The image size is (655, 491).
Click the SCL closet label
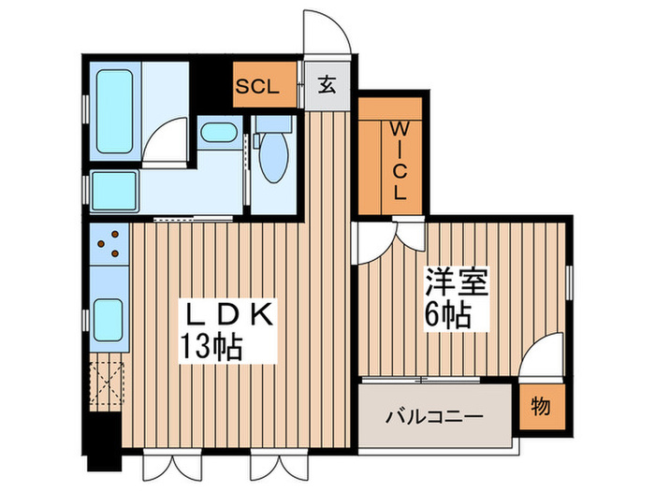tap(256, 87)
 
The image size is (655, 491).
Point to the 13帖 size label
tap(211, 348)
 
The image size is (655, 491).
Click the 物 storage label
tap(542, 409)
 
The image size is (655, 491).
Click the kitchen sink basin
tap(109, 319)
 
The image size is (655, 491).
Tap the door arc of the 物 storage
tap(541, 359)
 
